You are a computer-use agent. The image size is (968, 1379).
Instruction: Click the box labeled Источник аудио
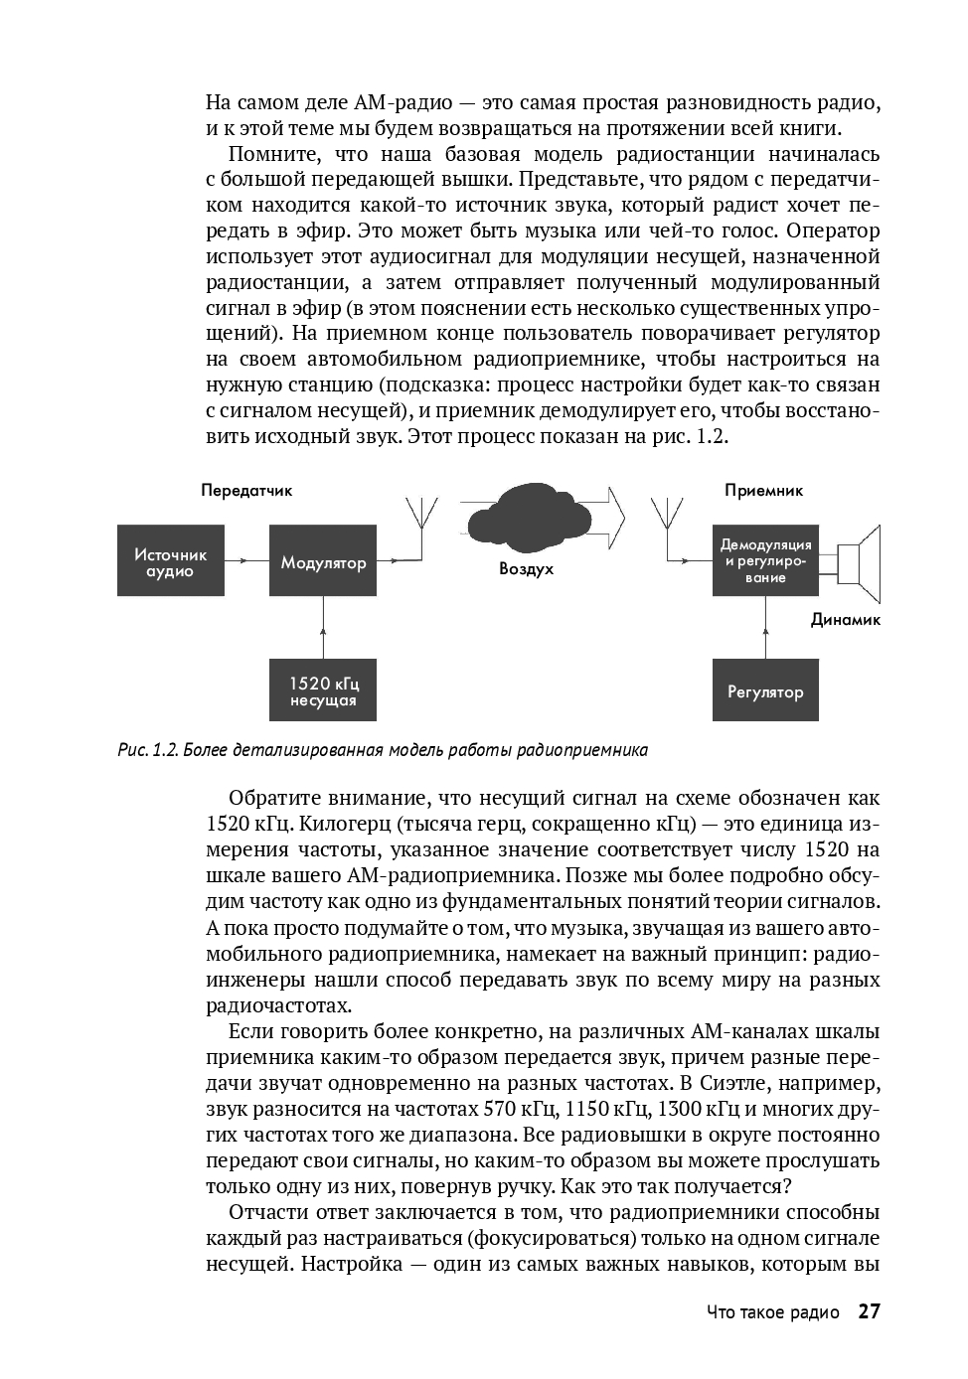170,562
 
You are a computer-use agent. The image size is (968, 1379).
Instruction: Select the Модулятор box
323,562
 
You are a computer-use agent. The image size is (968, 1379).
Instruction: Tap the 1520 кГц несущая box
323,690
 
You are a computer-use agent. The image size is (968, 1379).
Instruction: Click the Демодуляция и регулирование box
765,561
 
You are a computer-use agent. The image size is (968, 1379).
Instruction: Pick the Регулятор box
765,690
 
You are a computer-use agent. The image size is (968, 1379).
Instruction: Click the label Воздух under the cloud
527,569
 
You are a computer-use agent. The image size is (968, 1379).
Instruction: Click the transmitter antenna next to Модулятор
421,522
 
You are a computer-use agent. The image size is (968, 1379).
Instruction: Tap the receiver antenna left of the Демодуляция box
666,522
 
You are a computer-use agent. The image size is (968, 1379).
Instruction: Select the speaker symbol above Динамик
859,563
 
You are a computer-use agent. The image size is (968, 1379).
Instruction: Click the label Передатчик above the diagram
246,490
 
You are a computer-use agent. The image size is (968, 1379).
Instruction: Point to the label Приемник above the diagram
763,490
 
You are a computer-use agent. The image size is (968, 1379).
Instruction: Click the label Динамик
846,619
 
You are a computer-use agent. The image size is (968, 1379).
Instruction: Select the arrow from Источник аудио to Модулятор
246,562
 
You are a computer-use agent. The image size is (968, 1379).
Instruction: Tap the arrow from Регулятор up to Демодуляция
765,627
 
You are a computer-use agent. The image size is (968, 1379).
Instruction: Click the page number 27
869,1311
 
